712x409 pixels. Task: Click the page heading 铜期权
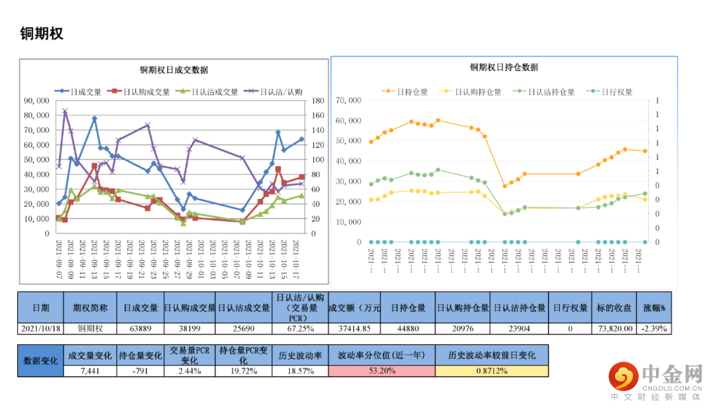tap(42, 34)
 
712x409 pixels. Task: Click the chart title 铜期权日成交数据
tap(173, 70)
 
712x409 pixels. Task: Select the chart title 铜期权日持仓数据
tap(504, 67)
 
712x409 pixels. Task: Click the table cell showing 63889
tap(141, 328)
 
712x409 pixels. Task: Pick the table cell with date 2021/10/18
tap(41, 328)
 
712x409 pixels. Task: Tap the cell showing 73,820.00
tap(614, 328)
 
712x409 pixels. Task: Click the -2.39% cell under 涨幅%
tap(654, 328)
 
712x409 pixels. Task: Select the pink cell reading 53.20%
tap(382, 371)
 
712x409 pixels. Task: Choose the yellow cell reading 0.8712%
tap(491, 371)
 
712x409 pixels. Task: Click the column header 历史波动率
tap(300, 355)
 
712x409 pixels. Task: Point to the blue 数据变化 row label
tap(41, 361)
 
